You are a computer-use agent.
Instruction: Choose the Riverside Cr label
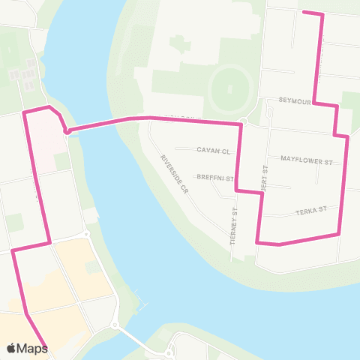pos(174,175)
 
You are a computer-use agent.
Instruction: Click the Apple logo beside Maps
pos(11,349)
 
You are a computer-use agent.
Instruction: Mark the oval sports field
pos(227,91)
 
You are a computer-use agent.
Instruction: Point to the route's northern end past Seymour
pos(303,12)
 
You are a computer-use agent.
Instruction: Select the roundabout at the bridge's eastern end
pos(243,122)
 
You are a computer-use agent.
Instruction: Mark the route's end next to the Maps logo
pos(46,347)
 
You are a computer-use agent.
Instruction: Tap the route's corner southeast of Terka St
pos(340,232)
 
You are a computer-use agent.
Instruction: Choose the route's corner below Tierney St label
pos(257,242)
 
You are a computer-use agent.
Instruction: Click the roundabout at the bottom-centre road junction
pos(115,325)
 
